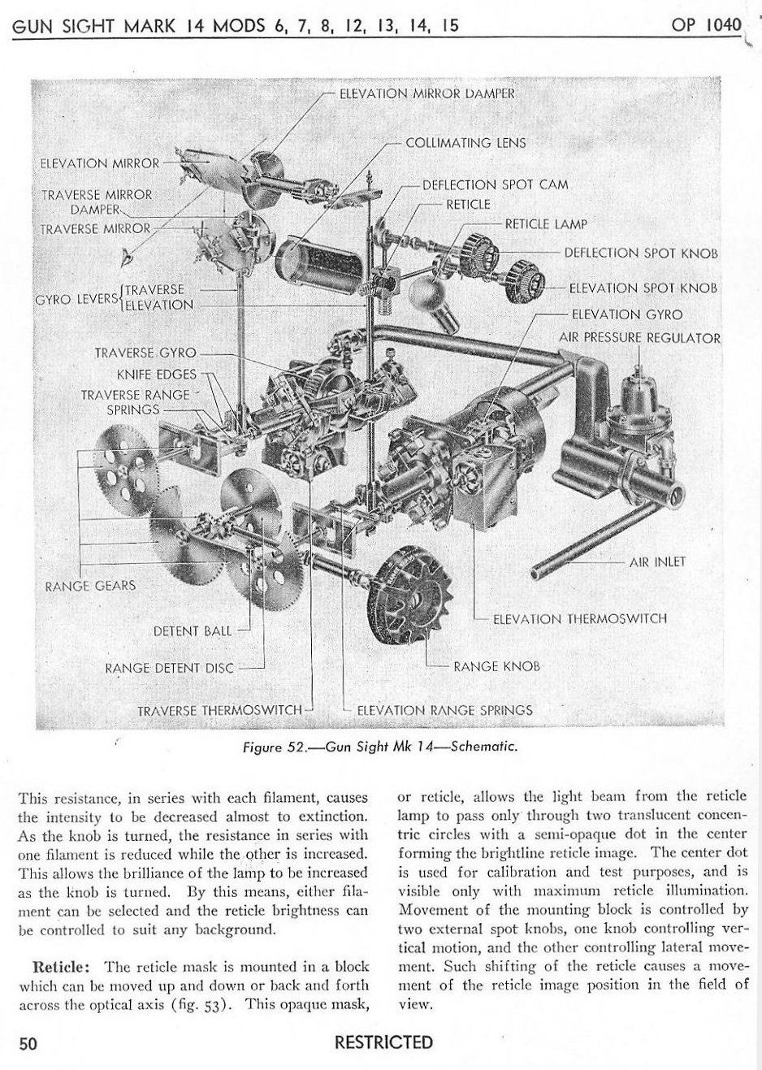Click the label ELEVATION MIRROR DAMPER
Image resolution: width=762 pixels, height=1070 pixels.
click(x=426, y=93)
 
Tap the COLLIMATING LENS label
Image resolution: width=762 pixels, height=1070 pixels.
click(x=465, y=143)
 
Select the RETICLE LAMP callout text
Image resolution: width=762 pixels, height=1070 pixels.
click(x=545, y=224)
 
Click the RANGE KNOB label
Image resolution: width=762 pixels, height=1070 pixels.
click(x=497, y=666)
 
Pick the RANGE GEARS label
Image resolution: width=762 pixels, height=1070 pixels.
click(x=90, y=586)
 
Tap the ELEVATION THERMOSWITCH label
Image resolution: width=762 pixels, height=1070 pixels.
click(x=580, y=618)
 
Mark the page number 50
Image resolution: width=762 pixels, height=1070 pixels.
click(x=28, y=1043)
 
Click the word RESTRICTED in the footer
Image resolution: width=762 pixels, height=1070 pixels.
click(x=383, y=1042)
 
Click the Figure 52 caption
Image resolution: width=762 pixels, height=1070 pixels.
click(x=380, y=747)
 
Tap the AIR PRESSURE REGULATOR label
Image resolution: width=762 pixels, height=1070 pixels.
click(x=639, y=337)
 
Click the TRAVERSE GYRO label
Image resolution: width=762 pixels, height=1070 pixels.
click(x=145, y=353)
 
